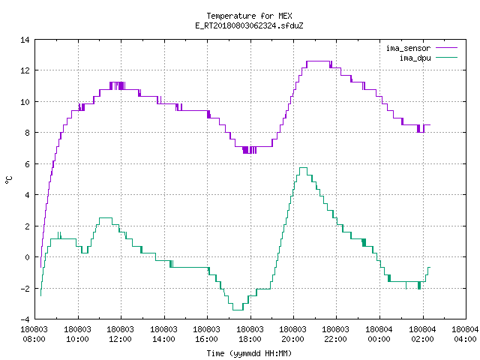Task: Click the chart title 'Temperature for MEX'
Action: tap(249, 16)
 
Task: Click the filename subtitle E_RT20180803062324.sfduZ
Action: tap(249, 25)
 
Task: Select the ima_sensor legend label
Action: tap(408, 48)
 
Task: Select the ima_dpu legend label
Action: tap(415, 58)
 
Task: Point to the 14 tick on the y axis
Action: tap(25, 40)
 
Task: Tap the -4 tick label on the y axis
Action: tap(25, 319)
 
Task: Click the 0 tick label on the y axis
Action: tap(28, 257)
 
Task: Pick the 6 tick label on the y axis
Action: tap(28, 164)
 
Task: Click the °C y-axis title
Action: tap(8, 180)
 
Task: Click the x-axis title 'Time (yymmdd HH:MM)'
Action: tap(249, 353)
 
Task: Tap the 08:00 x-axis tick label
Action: tap(34, 339)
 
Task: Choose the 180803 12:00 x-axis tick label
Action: tap(121, 334)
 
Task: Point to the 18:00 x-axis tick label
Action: tap(250, 339)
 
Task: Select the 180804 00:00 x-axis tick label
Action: tap(379, 334)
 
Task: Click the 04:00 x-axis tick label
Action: tap(465, 339)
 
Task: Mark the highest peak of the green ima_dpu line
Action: tap(303, 167)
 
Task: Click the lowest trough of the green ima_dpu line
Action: tap(238, 310)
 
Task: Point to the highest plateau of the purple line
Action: tap(318, 61)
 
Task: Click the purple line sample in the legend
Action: tap(447, 48)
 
